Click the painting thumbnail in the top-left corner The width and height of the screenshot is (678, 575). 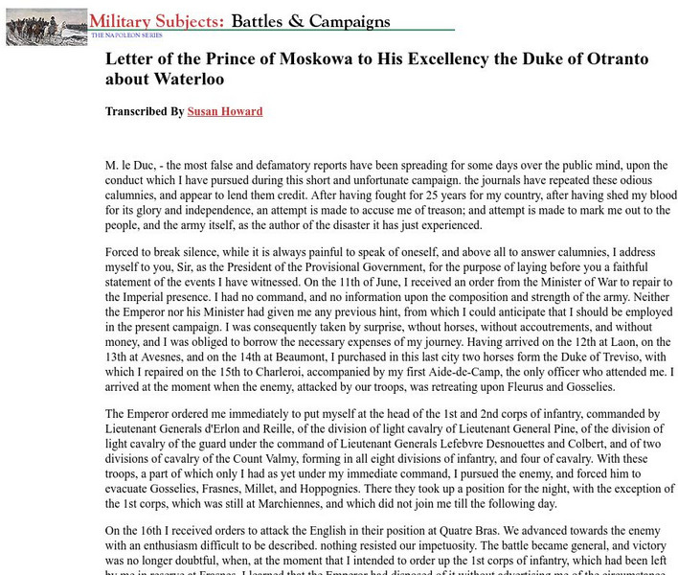click(46, 27)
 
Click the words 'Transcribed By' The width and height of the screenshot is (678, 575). click(145, 111)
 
